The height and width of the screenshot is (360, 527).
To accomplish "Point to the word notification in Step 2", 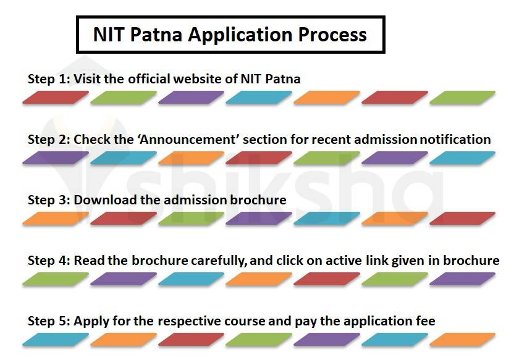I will [x=455, y=140].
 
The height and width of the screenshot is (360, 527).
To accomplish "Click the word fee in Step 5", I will [x=426, y=321].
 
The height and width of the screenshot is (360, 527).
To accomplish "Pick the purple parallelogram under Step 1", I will [x=191, y=98].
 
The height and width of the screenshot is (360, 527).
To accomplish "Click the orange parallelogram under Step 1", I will [x=326, y=98].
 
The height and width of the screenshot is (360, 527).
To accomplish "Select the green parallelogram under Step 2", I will [x=326, y=158].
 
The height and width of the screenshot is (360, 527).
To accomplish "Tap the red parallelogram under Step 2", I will [x=258, y=158].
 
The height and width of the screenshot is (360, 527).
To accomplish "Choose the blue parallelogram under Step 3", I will [x=326, y=219].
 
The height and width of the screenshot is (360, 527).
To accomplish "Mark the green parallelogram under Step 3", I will [x=191, y=219].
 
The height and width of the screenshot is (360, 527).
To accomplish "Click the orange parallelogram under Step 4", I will [x=258, y=279].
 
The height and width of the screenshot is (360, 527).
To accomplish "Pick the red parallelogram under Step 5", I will [x=191, y=340].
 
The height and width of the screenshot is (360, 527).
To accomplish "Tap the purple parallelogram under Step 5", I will [x=326, y=340].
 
